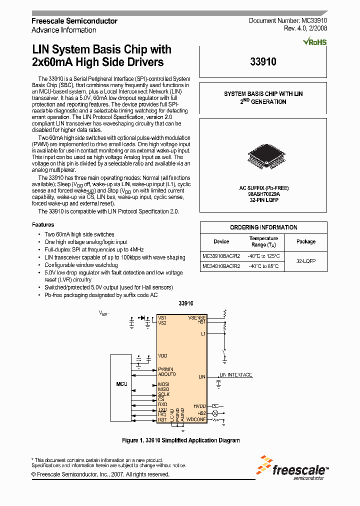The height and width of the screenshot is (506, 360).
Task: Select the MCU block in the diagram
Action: click(x=121, y=384)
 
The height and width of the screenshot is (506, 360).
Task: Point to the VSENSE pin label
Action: click(x=197, y=317)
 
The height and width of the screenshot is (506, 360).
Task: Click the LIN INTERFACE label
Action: click(x=236, y=375)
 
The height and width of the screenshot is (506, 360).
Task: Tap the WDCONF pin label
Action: click(x=196, y=419)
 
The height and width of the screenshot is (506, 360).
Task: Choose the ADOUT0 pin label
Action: click(x=167, y=374)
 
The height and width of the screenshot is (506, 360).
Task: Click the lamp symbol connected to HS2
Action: click(x=216, y=413)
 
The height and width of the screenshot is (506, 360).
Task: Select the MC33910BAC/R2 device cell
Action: click(x=221, y=256)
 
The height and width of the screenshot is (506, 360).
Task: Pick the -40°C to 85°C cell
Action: click(x=263, y=266)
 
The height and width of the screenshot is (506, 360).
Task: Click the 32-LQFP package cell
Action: click(x=306, y=261)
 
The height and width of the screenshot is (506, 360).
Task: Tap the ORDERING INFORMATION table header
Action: click(x=263, y=227)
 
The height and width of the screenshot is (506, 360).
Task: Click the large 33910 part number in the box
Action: click(x=263, y=62)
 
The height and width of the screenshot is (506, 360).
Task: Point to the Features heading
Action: click(x=43, y=225)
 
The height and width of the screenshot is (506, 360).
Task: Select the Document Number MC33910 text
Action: click(x=288, y=21)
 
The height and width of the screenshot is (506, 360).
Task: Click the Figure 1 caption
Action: click(x=180, y=440)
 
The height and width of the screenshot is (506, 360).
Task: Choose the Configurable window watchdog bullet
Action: click(x=81, y=265)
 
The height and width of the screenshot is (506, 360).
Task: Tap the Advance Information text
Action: click(x=64, y=30)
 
